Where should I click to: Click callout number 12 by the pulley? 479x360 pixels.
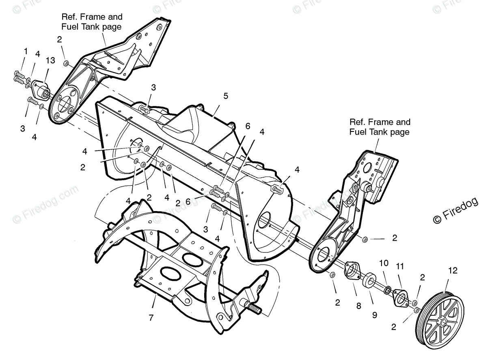pos(453,271)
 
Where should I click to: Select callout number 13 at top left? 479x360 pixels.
pos(50,60)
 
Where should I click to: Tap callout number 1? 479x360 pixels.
pos(26,51)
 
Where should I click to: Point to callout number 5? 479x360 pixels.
pos(226,96)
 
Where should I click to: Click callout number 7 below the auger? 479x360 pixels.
pos(151,318)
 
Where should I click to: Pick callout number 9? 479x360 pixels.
pos(374,315)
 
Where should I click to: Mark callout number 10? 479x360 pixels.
pos(384,263)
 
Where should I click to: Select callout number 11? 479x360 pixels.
pos(400,267)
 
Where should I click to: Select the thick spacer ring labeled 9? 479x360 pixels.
pos(369,281)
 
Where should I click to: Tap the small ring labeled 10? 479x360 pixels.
pos(387,290)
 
